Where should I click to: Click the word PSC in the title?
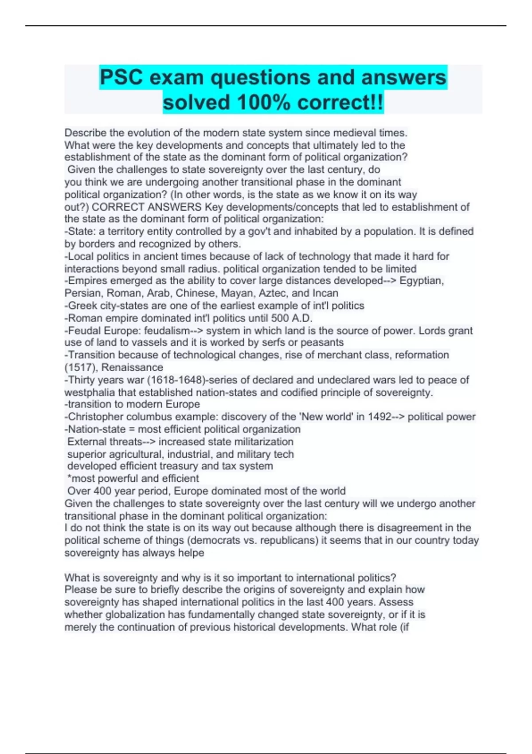(x=121, y=77)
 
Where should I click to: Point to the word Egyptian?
(x=421, y=281)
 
